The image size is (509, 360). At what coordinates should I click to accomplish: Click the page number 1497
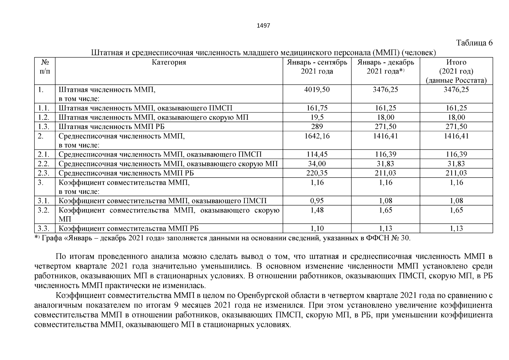pos(264,26)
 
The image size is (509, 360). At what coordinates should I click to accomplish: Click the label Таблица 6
pos(474,43)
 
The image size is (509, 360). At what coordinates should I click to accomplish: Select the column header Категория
pos(169,62)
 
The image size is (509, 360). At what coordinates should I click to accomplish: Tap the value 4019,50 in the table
pos(317,90)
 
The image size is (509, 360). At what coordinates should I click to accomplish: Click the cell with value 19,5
pos(317,117)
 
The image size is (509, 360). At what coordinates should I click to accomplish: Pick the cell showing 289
pos(317,127)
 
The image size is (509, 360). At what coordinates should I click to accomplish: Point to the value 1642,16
pos(317,136)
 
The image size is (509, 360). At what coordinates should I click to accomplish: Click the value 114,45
pos(317,154)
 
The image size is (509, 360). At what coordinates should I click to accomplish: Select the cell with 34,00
pos(317,164)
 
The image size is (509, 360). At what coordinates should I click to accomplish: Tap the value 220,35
pos(317,173)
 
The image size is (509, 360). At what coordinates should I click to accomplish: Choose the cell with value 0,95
pos(317,201)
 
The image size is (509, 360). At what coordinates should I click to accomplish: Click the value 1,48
pos(317,210)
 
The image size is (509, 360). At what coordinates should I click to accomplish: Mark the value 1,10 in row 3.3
pos(317,229)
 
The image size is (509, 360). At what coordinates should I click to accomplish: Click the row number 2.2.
pos(43,164)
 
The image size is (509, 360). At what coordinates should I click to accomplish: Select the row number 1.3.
pos(43,127)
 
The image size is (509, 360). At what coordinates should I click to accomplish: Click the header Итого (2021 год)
pos(456,67)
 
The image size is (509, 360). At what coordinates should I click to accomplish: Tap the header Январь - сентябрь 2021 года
pos(317,67)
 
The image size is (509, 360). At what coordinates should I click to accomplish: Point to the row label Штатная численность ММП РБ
pos(112,127)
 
